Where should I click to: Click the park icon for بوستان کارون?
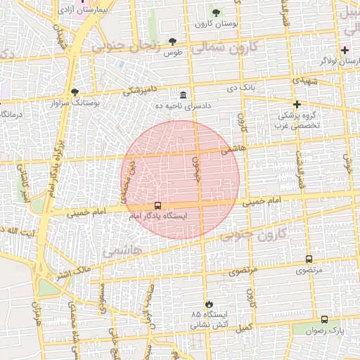point(216,13)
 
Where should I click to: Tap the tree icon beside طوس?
point(173,42)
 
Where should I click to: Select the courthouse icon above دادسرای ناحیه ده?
point(183,95)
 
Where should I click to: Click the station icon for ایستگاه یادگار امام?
point(157,206)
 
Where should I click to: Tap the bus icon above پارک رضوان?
point(323,319)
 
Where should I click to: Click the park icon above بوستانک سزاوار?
point(75,92)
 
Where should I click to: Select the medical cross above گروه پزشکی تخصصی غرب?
point(297,104)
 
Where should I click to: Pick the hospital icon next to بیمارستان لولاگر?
point(345,51)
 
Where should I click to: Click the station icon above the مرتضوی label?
point(309,259)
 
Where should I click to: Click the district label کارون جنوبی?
point(252,234)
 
